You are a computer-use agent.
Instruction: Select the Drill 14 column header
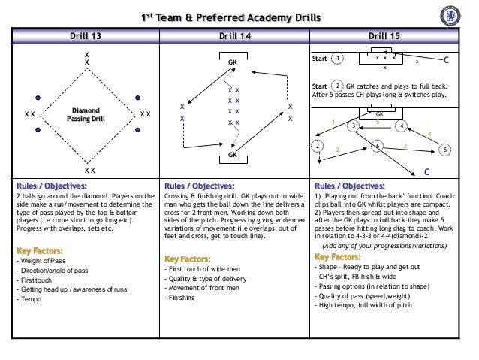coord(235,35)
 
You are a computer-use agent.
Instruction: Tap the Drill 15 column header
coord(387,35)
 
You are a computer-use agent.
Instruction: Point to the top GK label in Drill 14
coord(233,62)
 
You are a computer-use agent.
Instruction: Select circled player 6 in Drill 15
coord(377,144)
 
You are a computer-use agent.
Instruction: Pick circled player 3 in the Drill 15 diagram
coord(352,126)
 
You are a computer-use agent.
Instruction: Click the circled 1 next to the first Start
coord(338,58)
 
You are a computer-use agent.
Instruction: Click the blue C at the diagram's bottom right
coord(426,172)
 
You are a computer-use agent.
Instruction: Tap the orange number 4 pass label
coord(429,135)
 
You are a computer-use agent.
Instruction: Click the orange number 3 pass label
coord(405,144)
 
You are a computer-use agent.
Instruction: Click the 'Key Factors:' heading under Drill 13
coord(39,250)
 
